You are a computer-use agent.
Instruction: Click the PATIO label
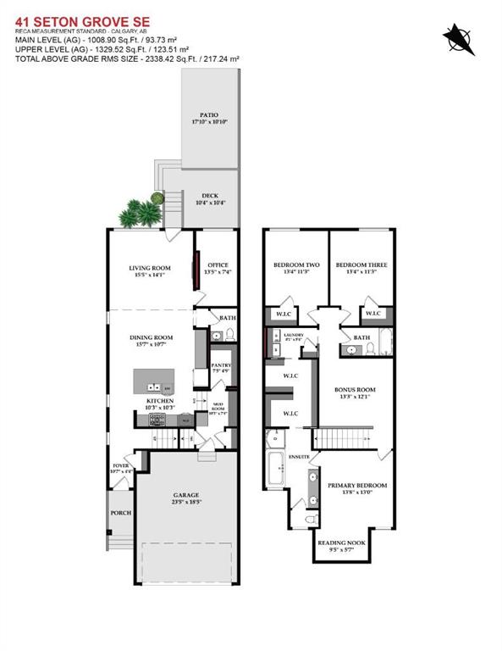pos(209,114)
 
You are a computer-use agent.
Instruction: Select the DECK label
pos(209,196)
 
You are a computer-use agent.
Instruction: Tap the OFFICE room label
pos(218,268)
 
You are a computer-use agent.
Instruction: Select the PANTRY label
pos(220,366)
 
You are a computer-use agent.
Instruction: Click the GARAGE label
pos(186,495)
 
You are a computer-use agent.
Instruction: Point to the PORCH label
pos(119,514)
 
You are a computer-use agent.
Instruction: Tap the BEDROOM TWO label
pos(293,265)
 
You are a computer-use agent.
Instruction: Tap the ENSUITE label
pos(299,456)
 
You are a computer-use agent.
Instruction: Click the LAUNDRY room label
pos(293,336)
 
